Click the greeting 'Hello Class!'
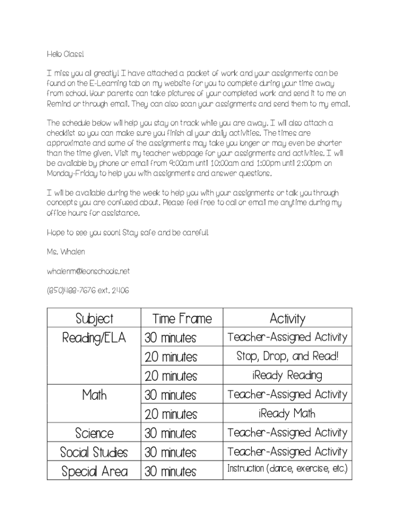point(65,54)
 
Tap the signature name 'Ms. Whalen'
point(66,252)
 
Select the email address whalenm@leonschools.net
point(88,271)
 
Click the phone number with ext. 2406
point(88,290)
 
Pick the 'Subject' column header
point(94,318)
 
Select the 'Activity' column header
point(287,318)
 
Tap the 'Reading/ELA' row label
point(94,338)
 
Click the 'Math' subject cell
point(94,395)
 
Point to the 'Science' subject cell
point(94,433)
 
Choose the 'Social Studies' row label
point(94,452)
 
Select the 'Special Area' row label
point(94,471)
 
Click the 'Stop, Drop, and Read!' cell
point(287,357)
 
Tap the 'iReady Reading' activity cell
point(287,375)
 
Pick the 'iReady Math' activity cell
point(287,414)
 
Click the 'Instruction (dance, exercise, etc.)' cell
point(287,469)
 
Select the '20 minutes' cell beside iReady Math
point(170,414)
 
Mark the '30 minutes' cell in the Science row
point(170,433)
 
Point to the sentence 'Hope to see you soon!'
point(83,233)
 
